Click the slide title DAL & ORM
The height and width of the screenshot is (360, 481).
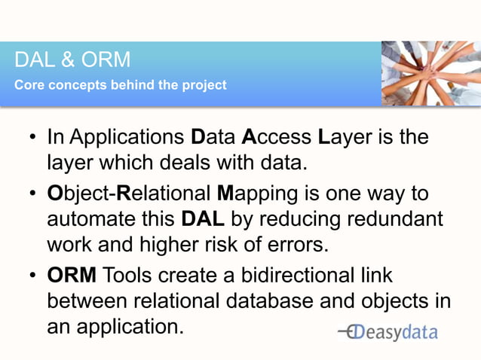pyautogui.click(x=72, y=59)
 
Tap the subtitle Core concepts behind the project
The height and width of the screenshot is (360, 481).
pyautogui.click(x=121, y=84)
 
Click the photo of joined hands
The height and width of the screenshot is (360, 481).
pyautogui.click(x=430, y=73)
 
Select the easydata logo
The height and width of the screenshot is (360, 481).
pyautogui.click(x=388, y=333)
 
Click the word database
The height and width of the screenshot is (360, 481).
pyautogui.click(x=276, y=301)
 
